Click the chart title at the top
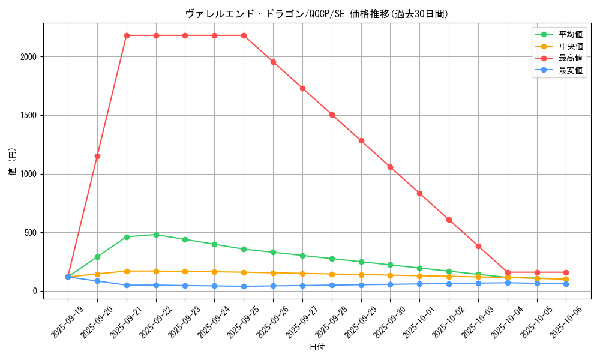[316, 14]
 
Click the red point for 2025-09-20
[97, 156]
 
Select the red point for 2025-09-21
[127, 35]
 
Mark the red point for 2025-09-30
[390, 167]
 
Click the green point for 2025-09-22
[156, 235]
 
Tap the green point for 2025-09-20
[97, 257]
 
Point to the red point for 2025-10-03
[478, 246]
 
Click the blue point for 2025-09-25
[244, 286]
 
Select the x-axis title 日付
[317, 347]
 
